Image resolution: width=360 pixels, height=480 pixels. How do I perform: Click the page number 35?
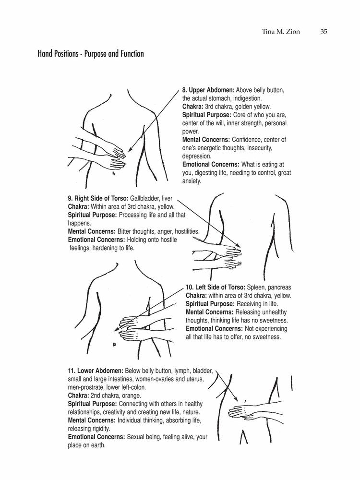point(324,33)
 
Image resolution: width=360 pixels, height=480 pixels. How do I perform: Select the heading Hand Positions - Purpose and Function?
point(91,54)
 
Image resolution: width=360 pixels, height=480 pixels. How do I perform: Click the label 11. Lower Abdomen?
point(96,371)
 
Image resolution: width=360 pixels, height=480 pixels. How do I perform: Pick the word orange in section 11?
point(130,396)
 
